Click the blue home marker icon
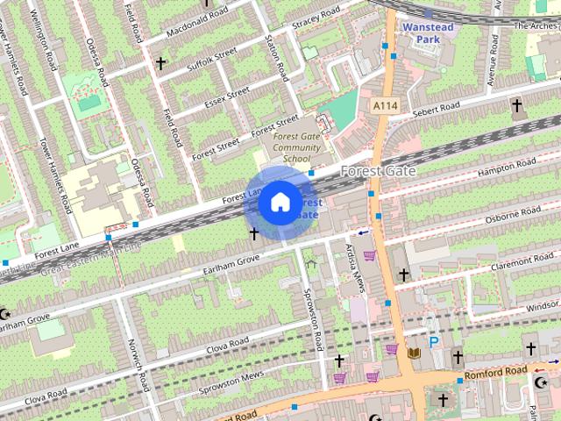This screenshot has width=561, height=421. [279, 203]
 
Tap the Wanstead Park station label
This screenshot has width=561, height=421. [426, 33]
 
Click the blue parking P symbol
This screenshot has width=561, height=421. [433, 342]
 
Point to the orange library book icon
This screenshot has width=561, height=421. [415, 353]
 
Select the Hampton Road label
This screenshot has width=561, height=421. [507, 168]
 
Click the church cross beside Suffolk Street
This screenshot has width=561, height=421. [160, 63]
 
